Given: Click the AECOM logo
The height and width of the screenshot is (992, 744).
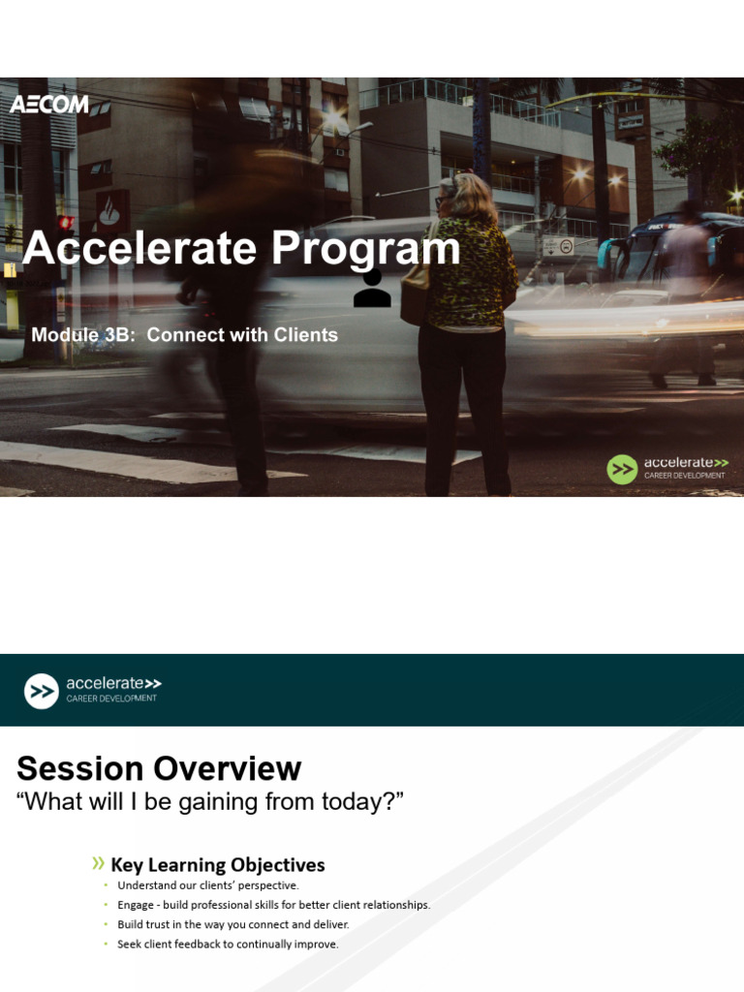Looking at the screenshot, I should (x=48, y=104).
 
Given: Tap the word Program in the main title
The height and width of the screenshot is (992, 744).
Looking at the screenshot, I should (x=366, y=249).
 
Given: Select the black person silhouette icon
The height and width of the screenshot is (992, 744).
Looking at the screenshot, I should (x=372, y=289).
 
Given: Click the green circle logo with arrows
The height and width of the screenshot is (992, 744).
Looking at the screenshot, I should (x=622, y=470).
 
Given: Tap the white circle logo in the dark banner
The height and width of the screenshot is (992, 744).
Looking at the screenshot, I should (x=42, y=691).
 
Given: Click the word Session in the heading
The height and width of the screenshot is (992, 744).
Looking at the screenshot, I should (x=80, y=768).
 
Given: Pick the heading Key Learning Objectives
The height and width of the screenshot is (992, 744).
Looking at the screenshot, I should (x=218, y=865).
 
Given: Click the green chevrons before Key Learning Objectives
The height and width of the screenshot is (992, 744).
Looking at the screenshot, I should (x=98, y=864).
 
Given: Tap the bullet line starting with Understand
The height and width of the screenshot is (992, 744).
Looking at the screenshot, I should (x=208, y=885).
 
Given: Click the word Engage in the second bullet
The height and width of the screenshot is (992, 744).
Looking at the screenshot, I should (x=135, y=905).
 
